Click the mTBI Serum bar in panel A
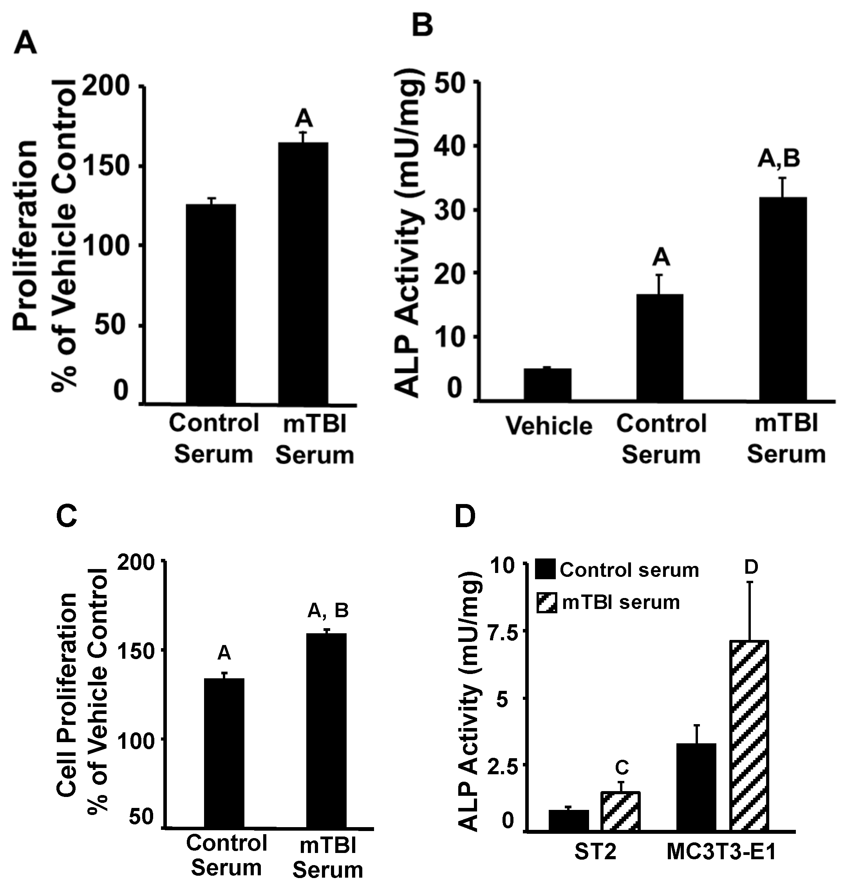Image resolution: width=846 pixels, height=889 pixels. (x=303, y=273)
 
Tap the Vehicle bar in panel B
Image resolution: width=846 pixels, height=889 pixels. (x=547, y=384)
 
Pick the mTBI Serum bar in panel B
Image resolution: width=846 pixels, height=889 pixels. (x=783, y=298)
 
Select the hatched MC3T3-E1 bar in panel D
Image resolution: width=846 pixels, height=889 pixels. (x=748, y=736)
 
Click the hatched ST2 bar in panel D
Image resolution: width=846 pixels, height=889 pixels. (x=620, y=811)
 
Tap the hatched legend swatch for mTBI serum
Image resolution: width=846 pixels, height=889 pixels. (x=546, y=603)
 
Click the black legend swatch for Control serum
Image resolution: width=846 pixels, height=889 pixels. (x=546, y=570)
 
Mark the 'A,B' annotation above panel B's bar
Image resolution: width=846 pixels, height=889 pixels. (x=779, y=159)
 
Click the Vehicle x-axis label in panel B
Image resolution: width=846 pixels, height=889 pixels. (x=549, y=426)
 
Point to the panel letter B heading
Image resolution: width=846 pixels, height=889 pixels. (x=423, y=26)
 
